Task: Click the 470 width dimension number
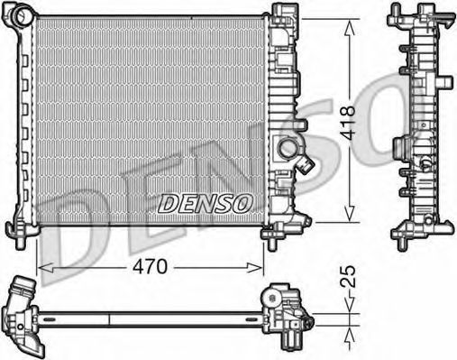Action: click(150, 266)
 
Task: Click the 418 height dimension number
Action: click(349, 123)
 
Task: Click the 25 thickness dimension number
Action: click(349, 277)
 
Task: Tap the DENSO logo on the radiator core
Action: click(205, 203)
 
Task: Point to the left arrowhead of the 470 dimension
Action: click(46, 267)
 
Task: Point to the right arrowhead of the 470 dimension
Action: click(255, 267)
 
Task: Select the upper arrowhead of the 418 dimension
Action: click(349, 27)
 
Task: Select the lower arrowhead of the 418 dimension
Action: click(349, 214)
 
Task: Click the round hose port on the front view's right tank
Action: click(288, 148)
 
